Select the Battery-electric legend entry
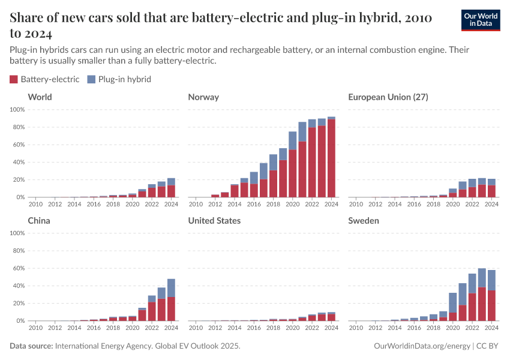pos(44,79)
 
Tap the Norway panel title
pos(203,97)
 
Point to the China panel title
pos(39,221)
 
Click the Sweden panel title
pos(364,221)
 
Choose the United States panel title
pos(214,221)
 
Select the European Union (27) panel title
pos(388,97)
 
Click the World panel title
pos(40,97)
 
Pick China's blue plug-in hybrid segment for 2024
pos(171,288)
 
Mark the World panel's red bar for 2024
pos(171,191)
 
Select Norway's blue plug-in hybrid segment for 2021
pos(302,132)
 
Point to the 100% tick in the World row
pos(17,110)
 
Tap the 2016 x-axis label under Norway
pos(254,204)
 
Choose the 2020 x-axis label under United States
pos(293,328)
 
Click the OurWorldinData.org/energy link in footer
pos(422,346)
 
